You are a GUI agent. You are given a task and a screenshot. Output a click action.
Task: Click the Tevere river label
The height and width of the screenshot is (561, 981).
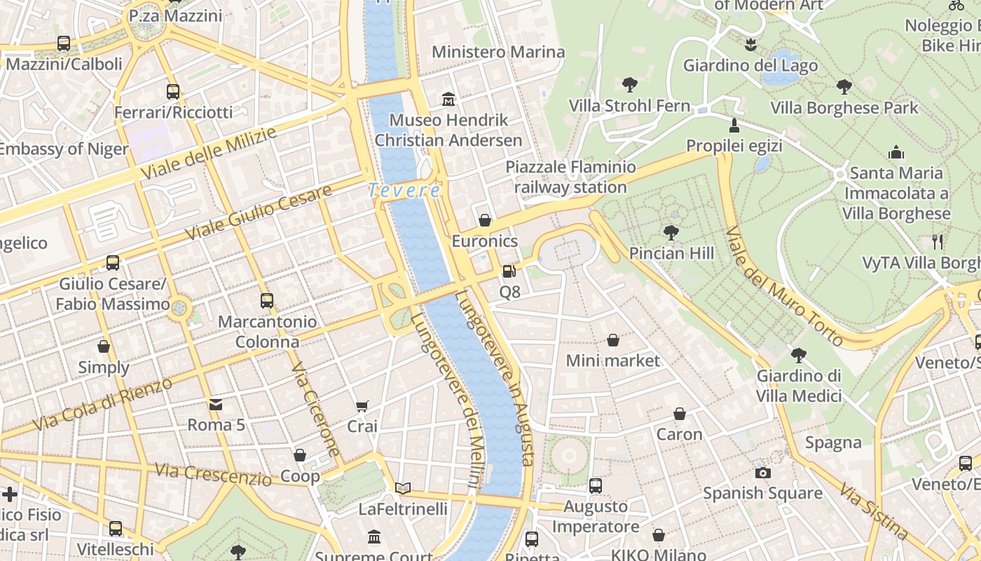pyautogui.click(x=405, y=190)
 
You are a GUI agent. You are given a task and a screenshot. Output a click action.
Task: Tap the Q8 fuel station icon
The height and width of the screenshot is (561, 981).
pyautogui.click(x=509, y=271)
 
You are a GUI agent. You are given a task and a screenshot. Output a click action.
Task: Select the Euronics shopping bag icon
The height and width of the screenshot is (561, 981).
pyautogui.click(x=484, y=220)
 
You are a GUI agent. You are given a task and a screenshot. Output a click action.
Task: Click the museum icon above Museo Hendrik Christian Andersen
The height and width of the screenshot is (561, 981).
pyautogui.click(x=448, y=100)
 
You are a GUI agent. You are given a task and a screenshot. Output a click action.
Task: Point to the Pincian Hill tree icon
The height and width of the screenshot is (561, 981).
pyautogui.click(x=671, y=232)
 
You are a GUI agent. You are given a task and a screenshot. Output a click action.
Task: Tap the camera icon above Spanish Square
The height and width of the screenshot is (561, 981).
pyautogui.click(x=763, y=473)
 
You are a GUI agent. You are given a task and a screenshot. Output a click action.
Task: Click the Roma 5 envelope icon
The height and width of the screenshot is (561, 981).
pyautogui.click(x=216, y=404)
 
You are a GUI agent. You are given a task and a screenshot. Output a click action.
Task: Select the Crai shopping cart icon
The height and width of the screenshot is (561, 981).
pyautogui.click(x=362, y=406)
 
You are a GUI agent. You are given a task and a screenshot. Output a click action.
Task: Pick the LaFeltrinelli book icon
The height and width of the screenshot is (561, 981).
pyautogui.click(x=403, y=488)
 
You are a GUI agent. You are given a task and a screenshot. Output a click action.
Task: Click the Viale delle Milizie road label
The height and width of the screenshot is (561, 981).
pyautogui.click(x=209, y=153)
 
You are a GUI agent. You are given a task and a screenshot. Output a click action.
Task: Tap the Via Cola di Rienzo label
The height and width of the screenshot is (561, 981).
pyautogui.click(x=102, y=404)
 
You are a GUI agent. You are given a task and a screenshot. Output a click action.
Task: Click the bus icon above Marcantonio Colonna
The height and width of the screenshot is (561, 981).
pyautogui.click(x=267, y=301)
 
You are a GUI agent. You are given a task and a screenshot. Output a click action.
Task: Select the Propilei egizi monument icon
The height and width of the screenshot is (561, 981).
pyautogui.click(x=734, y=126)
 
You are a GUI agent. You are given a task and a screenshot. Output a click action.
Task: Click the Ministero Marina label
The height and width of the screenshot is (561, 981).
pyautogui.click(x=498, y=52)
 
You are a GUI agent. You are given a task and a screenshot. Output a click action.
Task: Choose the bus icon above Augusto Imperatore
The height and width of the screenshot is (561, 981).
pyautogui.click(x=596, y=485)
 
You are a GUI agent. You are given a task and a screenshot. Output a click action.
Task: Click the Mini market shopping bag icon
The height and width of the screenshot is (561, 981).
pyautogui.click(x=613, y=340)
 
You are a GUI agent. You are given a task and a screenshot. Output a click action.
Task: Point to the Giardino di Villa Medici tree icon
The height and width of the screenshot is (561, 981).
pyautogui.click(x=798, y=356)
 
